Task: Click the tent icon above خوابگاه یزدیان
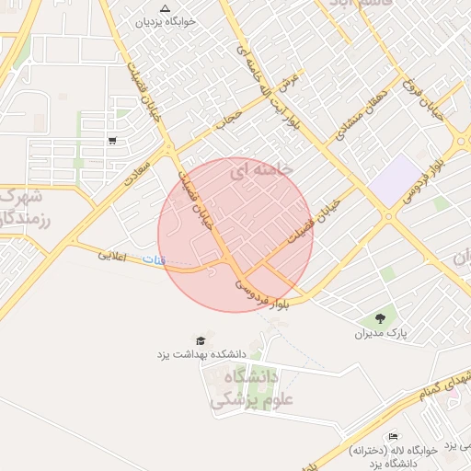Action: [x=165, y=8]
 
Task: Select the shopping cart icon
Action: [x=112, y=141]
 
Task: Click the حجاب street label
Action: [x=225, y=118]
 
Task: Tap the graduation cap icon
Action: [x=200, y=340]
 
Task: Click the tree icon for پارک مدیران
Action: [x=380, y=318]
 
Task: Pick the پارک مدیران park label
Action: [x=381, y=333]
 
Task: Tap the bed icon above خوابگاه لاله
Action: [x=394, y=437]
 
